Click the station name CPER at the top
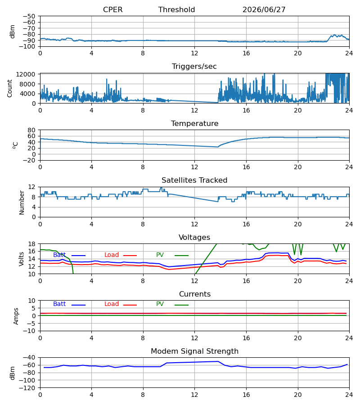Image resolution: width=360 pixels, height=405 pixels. coord(113,10)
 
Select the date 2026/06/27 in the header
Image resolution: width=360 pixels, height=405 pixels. coord(264,10)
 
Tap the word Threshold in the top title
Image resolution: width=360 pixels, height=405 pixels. coord(177,10)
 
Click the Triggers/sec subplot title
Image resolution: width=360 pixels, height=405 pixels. coord(194,67)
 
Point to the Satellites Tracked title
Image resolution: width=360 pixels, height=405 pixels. coord(194,180)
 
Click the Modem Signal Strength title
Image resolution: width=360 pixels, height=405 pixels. coord(194,351)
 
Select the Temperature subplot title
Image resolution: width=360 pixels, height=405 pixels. coord(194,123)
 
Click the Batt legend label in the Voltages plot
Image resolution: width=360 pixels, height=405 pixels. coord(59,255)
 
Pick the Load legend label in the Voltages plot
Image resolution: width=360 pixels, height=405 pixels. coord(112,255)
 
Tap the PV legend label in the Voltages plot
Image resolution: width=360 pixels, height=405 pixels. coord(160,255)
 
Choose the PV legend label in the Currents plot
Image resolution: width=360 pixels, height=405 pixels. coord(160,304)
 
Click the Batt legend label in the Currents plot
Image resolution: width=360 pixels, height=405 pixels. coord(59,304)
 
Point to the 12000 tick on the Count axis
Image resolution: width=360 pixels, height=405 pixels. coord(26,74)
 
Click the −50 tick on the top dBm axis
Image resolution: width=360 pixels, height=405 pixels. coord(29,16)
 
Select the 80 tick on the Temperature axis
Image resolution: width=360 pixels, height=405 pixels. coord(31,130)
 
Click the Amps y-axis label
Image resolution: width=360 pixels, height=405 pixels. coord(16,316)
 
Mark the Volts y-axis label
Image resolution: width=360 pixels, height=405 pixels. coord(21,259)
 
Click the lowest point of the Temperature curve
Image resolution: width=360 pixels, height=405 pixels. coord(217,147)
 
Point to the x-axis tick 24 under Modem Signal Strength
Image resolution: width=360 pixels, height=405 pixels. coord(349,395)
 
